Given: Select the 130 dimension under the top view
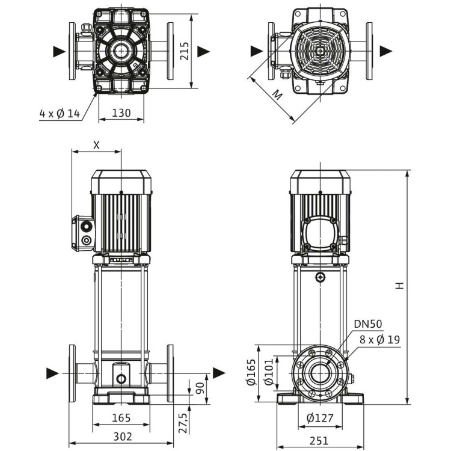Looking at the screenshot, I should [x=121, y=113].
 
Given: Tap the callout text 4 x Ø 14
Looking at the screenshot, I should [x=60, y=114].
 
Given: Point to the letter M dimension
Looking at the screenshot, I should [x=277, y=94].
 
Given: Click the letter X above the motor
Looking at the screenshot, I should [x=96, y=145].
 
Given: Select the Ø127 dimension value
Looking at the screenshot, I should [x=319, y=418].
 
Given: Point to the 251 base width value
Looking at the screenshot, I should [x=319, y=441].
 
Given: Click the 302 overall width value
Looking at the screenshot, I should [x=121, y=437].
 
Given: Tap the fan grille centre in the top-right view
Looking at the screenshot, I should [x=320, y=51].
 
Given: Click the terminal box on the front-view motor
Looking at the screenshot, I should [x=84, y=233].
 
